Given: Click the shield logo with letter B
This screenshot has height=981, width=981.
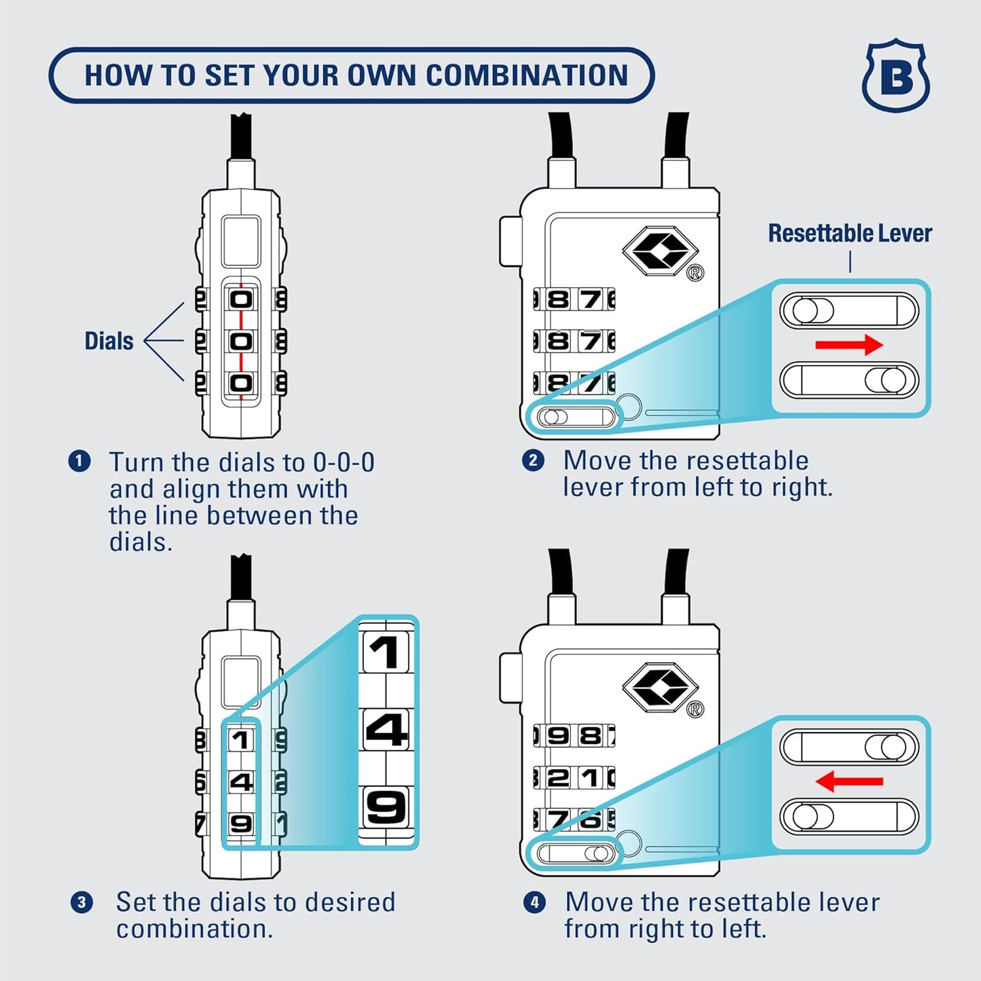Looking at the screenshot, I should click(895, 76).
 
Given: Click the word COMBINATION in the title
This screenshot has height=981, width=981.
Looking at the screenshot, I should click(527, 75).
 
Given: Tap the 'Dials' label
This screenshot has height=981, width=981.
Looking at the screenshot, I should click(109, 341).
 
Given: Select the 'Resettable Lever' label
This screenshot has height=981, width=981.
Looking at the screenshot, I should click(849, 234).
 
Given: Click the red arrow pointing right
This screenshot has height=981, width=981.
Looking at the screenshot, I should click(849, 345).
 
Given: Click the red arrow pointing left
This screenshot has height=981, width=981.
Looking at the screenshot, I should click(849, 781).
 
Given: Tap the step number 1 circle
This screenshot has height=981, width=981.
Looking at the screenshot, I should click(79, 462).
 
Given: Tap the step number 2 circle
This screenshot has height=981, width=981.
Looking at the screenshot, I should click(533, 460).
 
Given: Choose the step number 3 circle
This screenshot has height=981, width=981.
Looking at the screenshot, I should click(81, 902).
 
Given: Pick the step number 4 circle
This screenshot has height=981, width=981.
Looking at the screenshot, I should click(534, 902).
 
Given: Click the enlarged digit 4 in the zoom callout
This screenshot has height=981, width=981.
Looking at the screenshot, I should click(386, 730).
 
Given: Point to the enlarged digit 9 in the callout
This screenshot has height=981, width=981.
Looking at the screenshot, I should click(386, 807).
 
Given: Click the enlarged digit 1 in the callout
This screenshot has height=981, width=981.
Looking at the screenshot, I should click(386, 652).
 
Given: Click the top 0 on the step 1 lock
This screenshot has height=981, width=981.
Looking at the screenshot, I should click(241, 299).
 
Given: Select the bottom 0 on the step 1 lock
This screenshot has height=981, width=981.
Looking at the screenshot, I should click(241, 384).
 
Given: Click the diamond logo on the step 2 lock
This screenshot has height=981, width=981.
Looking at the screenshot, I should click(660, 251).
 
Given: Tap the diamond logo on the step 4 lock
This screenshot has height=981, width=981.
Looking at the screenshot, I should click(660, 688).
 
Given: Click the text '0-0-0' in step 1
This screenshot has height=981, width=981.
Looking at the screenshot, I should click(344, 463).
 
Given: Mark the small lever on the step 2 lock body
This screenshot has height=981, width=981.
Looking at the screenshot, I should click(576, 416).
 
